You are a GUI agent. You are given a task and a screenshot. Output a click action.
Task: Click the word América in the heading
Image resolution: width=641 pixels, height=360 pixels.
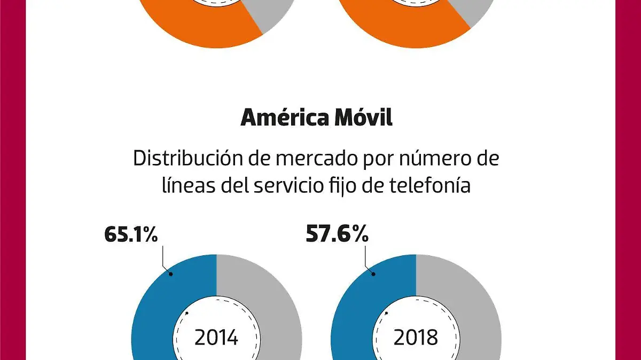pos(285,118)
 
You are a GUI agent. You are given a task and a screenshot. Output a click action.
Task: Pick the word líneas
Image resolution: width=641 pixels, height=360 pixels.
pos(185,186)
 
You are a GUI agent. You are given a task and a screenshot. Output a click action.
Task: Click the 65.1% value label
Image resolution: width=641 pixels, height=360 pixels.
pos(131,234)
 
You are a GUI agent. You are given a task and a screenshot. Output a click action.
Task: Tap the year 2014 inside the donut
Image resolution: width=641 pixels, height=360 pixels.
pos(216,338)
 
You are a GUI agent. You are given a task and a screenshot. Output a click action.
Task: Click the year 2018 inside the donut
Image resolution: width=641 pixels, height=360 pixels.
pos(416,338)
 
